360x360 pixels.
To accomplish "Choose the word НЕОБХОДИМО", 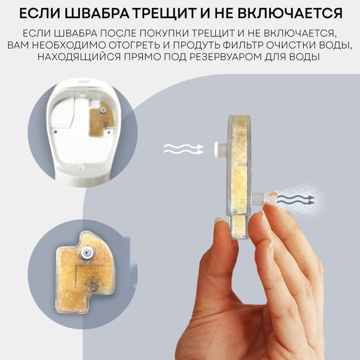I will (68, 46).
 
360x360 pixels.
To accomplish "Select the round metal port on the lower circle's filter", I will (87, 254).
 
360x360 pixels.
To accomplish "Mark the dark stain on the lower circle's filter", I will (92, 285).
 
